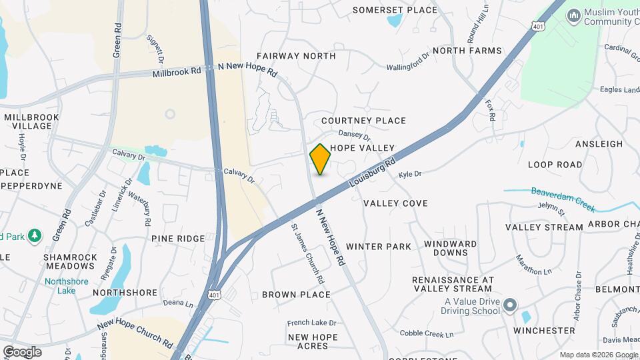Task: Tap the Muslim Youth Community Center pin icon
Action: [x=573, y=15]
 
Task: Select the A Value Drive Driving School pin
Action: [x=510, y=306]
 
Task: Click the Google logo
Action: [x=21, y=351]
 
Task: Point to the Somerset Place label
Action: [x=395, y=10]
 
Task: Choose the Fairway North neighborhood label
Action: [x=295, y=56]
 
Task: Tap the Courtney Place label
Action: [x=363, y=121]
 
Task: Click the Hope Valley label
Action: [x=363, y=147]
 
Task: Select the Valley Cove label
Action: [x=395, y=203]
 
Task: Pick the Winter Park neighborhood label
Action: [x=379, y=247]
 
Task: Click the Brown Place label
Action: [x=296, y=295]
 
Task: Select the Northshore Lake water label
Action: [x=67, y=286]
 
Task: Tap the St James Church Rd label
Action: [x=306, y=253]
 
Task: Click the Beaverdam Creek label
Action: [x=563, y=199]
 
